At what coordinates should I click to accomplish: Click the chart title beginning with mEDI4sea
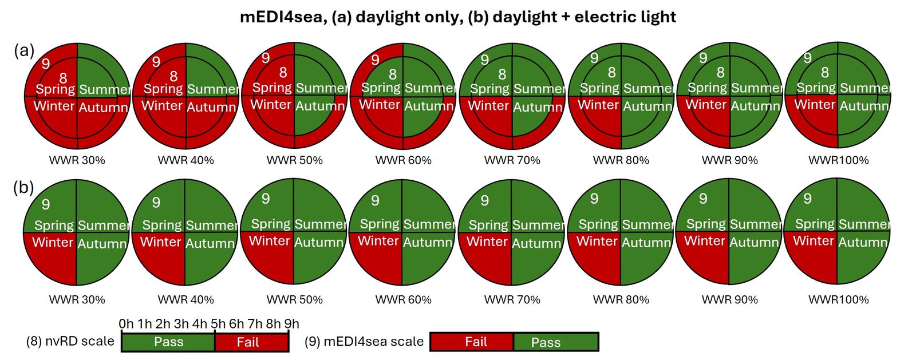tap(457, 17)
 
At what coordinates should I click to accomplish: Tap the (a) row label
tap(24, 51)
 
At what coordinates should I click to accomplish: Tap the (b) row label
tap(23, 188)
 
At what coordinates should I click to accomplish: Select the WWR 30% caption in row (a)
tap(77, 160)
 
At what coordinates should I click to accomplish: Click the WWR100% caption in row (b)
tap(838, 299)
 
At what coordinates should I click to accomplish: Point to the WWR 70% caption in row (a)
tap(512, 160)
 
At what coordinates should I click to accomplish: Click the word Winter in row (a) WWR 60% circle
tap(380, 105)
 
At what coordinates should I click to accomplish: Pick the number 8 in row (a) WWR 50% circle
tap(283, 73)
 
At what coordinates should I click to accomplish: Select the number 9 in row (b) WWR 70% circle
tap(484, 200)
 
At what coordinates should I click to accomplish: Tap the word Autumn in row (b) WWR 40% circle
tap(210, 244)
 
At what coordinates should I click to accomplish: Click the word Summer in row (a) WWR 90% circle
tap(756, 88)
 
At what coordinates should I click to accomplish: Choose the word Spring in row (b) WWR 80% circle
tap(599, 224)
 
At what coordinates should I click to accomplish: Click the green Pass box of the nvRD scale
tap(168, 342)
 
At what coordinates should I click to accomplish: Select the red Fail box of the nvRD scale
tap(251, 342)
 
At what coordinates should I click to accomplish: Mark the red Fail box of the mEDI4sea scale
tap(472, 342)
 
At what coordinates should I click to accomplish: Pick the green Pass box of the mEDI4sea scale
tap(556, 342)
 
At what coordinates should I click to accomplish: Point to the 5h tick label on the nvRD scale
tap(218, 324)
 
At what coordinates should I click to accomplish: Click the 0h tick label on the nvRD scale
tap(126, 324)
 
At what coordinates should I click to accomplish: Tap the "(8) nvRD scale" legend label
tap(70, 341)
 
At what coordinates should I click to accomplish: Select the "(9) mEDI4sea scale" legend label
tap(364, 341)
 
